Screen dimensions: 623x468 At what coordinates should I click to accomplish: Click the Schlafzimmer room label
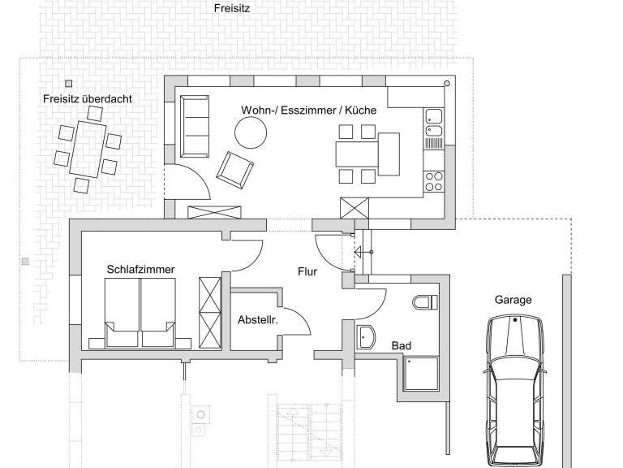[140, 270]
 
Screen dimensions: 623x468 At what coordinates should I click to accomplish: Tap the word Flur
[307, 271]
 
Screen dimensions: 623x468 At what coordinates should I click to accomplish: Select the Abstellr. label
[258, 319]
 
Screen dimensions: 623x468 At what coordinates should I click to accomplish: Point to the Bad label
[402, 346]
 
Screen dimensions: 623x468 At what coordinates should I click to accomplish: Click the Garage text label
[513, 300]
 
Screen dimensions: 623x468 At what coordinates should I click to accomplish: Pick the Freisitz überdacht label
[88, 98]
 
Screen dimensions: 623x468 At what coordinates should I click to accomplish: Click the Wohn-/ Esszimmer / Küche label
[309, 110]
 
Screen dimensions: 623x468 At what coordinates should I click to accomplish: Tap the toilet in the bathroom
[425, 302]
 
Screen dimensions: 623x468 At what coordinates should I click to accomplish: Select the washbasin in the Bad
[366, 337]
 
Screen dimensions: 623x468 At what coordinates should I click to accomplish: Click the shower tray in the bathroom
[422, 373]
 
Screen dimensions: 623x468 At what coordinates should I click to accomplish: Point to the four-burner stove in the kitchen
[434, 181]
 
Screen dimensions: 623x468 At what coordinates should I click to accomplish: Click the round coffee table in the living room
[251, 133]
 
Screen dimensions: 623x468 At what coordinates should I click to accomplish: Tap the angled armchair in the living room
[234, 170]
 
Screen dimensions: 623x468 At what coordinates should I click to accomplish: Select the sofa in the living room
[195, 126]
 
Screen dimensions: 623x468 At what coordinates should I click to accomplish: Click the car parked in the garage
[515, 390]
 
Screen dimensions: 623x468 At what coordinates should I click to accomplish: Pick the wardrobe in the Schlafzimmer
[210, 313]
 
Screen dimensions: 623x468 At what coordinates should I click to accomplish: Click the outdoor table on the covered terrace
[88, 149]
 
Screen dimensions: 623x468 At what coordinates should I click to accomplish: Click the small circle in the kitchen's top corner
[447, 83]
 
